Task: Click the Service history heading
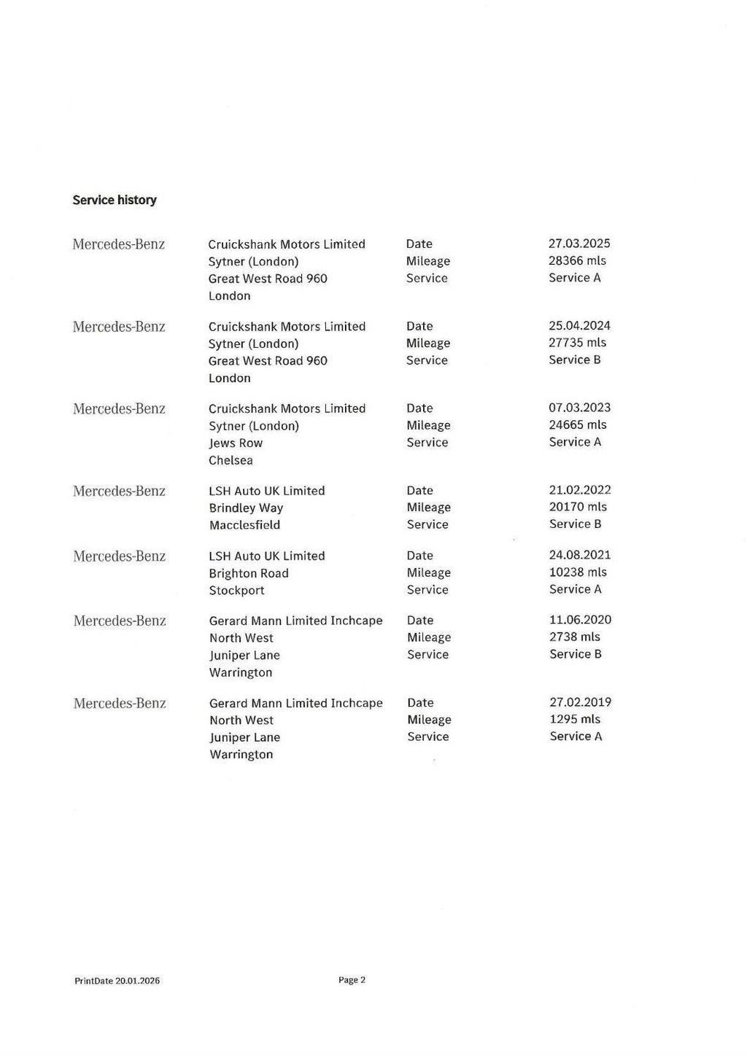point(115,200)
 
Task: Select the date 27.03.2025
point(579,244)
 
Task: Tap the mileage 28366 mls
point(577,260)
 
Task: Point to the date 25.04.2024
point(579,326)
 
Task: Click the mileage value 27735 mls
point(577,343)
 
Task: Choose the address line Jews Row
point(236,443)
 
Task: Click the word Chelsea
point(231,460)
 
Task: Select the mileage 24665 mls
point(577,424)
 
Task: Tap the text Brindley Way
point(246,508)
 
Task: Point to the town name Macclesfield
point(244,525)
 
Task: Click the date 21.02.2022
point(580,490)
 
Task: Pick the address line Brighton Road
point(249,573)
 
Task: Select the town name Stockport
point(236,591)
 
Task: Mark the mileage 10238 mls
point(578,572)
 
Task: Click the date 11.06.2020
point(580,620)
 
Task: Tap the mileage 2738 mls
point(575,637)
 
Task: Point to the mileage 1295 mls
point(575,719)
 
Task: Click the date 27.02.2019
point(580,702)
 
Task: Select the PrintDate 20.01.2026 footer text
point(117,981)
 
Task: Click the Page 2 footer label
point(352,980)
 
